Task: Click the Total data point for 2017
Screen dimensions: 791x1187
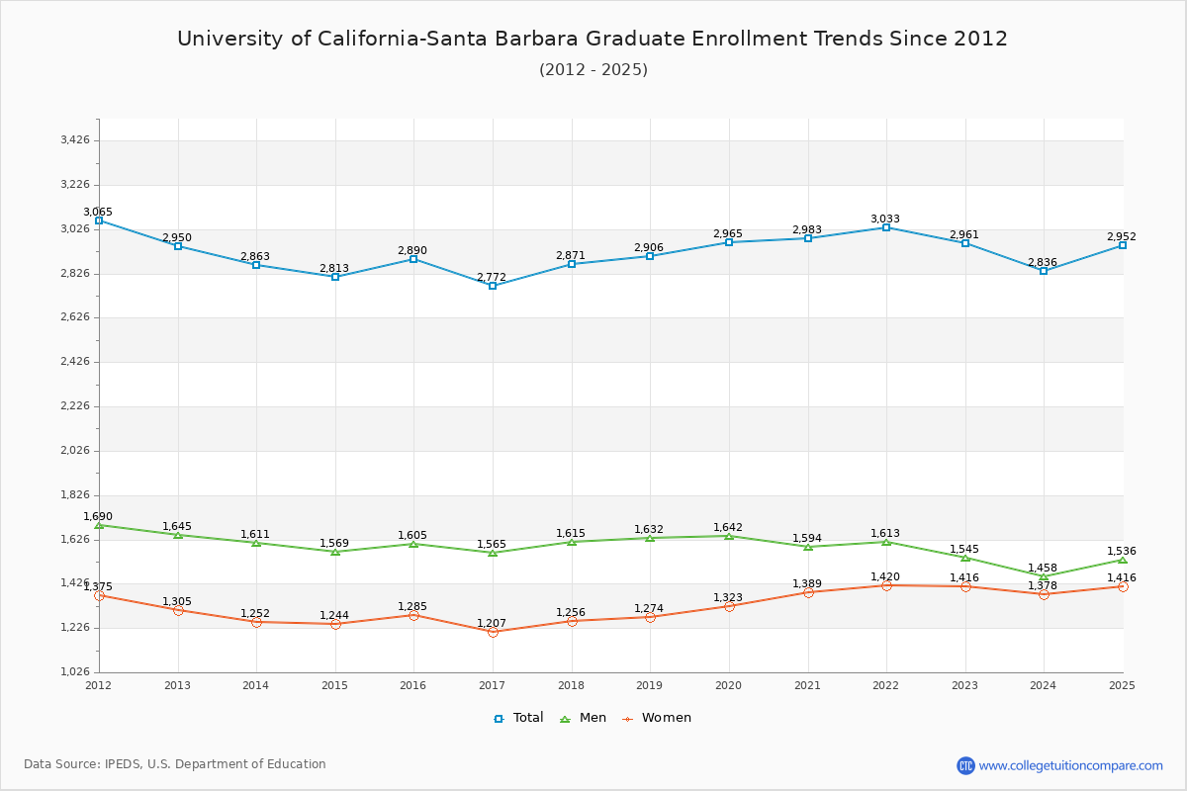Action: coord(493,286)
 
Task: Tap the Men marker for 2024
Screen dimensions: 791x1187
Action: coord(1044,576)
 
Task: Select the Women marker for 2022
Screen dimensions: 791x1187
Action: coord(886,585)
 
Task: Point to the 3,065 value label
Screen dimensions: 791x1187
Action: coord(98,212)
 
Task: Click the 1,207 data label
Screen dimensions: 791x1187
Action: coord(492,623)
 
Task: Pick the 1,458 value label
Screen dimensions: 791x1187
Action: coord(1043,568)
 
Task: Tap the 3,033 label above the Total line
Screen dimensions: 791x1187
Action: coord(885,219)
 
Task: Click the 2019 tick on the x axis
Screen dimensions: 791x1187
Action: coord(650,684)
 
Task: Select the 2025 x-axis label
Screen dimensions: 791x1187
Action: coord(1122,684)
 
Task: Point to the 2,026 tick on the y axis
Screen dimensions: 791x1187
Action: coord(75,450)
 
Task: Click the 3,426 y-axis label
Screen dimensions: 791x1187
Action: coord(75,140)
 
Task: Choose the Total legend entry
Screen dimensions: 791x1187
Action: coord(519,718)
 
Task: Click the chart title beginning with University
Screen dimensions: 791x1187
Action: coord(593,39)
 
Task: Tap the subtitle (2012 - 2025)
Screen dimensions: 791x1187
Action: coord(593,69)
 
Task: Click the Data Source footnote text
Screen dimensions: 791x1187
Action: coord(175,764)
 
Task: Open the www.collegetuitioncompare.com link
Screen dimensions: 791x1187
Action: coord(1070,765)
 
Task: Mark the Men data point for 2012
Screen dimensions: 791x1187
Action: coord(99,525)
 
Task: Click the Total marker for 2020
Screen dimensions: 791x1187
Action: coord(729,242)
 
